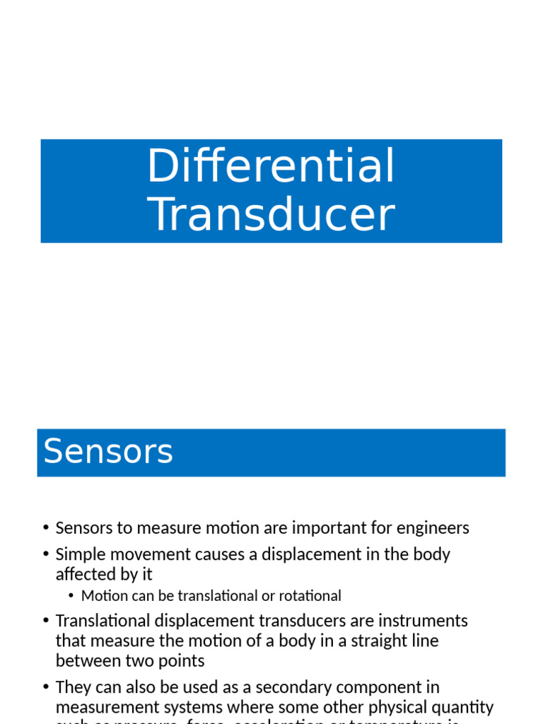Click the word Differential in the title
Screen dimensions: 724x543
[x=271, y=167]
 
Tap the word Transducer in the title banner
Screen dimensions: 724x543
[x=271, y=215]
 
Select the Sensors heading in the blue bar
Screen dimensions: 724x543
[x=108, y=452]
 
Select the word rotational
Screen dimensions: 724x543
[x=310, y=596]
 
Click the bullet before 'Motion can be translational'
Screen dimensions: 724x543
[x=71, y=597]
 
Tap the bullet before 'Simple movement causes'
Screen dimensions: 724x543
[x=45, y=555]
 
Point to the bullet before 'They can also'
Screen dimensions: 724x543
[x=45, y=688]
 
